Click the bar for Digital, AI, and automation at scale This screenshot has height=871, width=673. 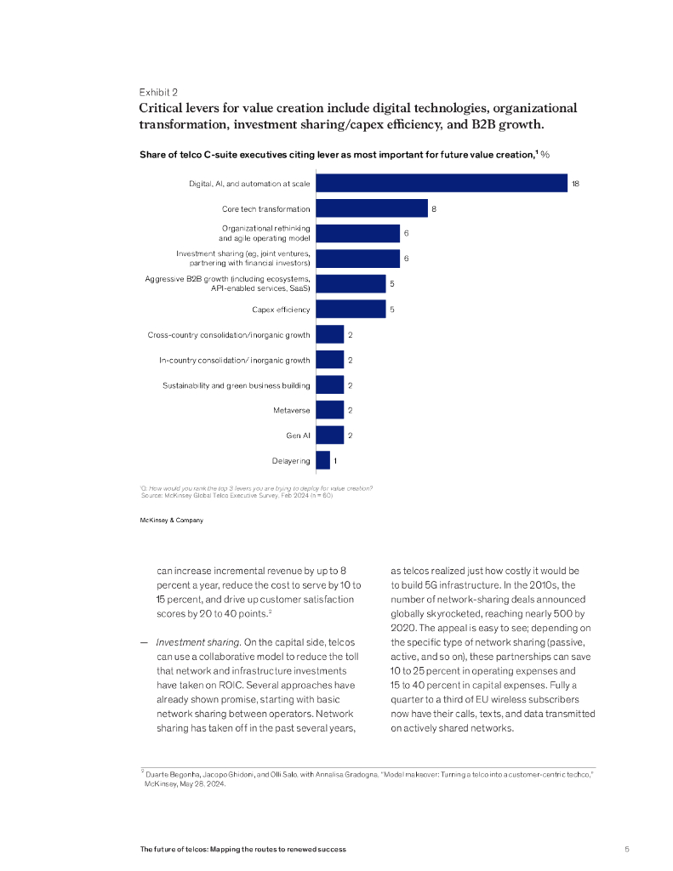point(441,183)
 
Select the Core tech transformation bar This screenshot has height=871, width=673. point(371,208)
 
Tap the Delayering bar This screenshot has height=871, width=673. point(322,460)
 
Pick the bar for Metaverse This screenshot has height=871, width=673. point(329,410)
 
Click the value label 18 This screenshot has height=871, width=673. point(576,183)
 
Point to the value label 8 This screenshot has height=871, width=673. point(434,208)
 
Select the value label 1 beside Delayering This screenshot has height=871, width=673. point(335,460)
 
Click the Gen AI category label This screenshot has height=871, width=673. point(298,435)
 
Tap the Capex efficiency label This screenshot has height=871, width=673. point(281,310)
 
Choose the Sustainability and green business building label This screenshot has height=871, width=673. point(237,385)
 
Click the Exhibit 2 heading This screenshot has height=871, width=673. point(158,92)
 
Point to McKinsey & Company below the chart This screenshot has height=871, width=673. point(171,520)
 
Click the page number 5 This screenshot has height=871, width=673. point(627,849)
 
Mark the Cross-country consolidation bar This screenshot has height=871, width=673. point(329,334)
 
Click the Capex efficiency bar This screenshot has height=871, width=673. point(351,310)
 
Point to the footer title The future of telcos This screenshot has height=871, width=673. point(243,849)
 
